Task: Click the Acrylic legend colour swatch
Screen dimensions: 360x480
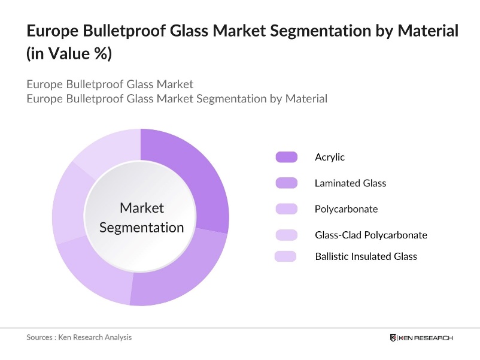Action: tap(286, 158)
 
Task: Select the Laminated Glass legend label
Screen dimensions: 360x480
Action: tap(350, 183)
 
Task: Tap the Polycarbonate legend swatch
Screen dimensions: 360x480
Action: tap(286, 209)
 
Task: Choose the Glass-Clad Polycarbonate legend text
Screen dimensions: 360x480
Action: tap(370, 235)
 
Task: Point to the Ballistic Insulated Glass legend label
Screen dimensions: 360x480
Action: tap(366, 256)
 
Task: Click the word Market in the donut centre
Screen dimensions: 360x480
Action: tap(141, 208)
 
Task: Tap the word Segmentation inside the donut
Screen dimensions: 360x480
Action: tap(141, 228)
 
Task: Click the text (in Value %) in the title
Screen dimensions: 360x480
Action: tap(69, 53)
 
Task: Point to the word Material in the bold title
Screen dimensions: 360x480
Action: tap(427, 31)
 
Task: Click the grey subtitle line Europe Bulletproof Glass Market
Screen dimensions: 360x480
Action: tap(110, 84)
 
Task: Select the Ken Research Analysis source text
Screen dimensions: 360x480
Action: tap(95, 337)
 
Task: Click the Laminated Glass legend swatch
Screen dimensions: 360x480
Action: tap(286, 183)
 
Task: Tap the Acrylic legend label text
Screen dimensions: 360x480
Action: tap(330, 158)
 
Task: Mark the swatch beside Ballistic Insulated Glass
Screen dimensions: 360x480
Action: tap(286, 256)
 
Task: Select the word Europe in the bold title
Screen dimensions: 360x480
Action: tap(50, 31)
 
